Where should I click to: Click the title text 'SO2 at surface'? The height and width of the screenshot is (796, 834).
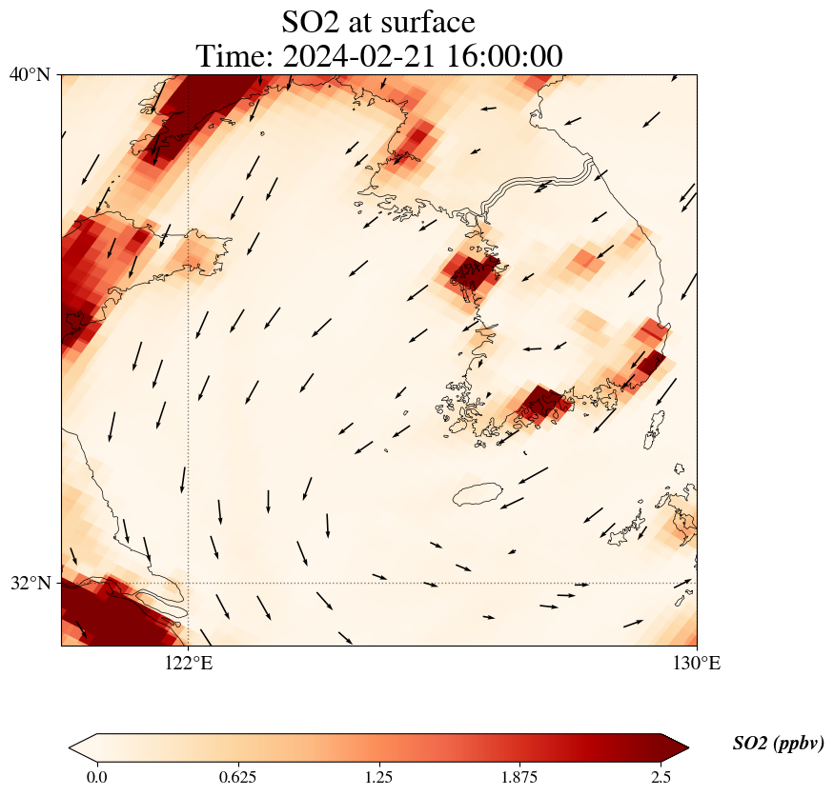pyautogui.click(x=378, y=21)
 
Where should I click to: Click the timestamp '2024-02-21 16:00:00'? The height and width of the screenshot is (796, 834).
pyautogui.click(x=427, y=56)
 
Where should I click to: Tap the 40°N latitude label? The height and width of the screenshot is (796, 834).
pyautogui.click(x=30, y=74)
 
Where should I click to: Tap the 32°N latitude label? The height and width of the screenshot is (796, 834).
pyautogui.click(x=30, y=583)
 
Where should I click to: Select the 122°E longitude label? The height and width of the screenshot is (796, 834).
pyautogui.click(x=188, y=664)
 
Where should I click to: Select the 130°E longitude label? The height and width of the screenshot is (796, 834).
pyautogui.click(x=698, y=664)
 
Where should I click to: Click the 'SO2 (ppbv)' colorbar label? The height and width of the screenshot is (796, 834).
pyautogui.click(x=778, y=744)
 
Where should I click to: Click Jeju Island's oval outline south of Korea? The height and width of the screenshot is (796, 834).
pyautogui.click(x=478, y=494)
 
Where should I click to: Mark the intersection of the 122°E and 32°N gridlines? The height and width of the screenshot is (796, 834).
pyautogui.click(x=188, y=583)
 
